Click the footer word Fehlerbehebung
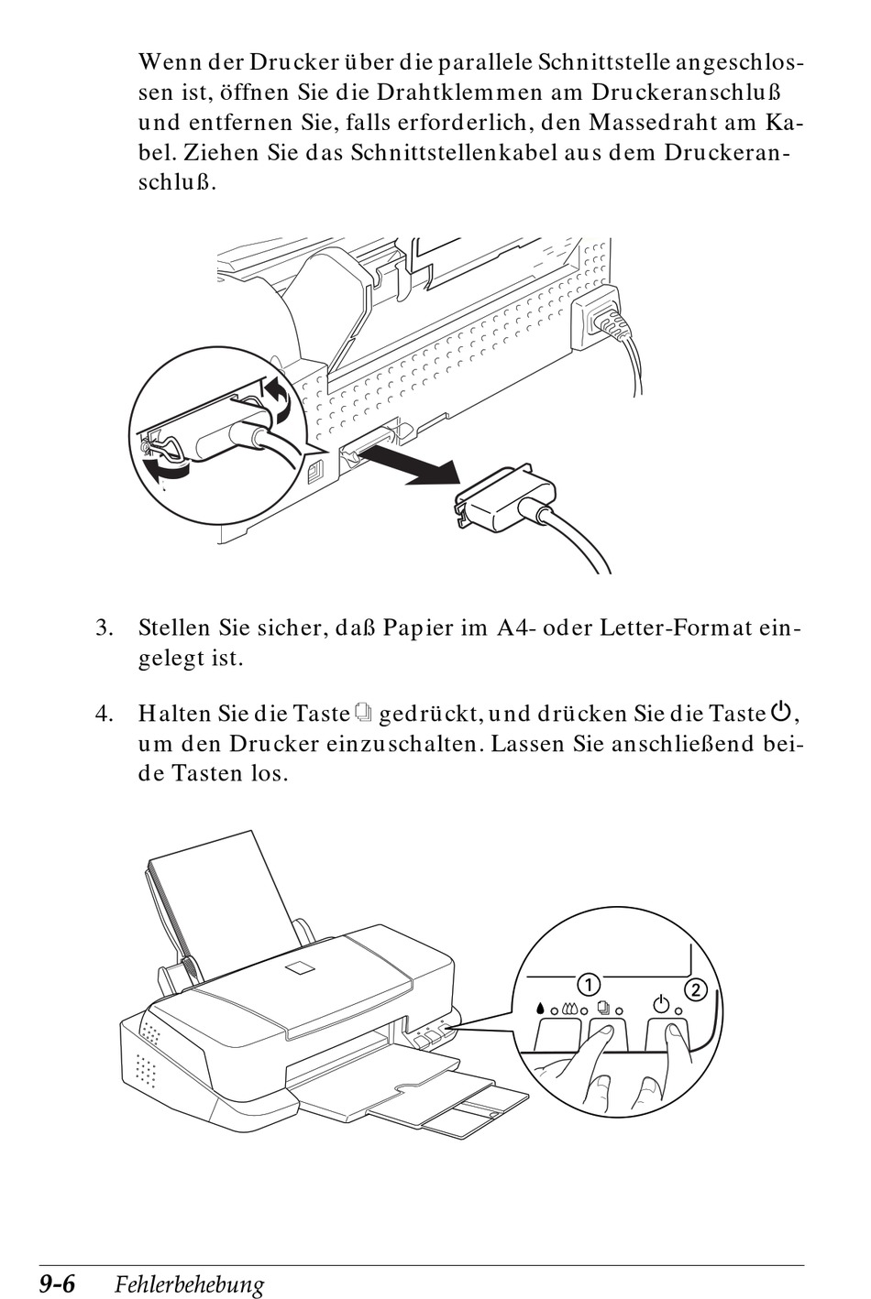pyautogui.click(x=189, y=1285)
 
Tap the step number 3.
pyautogui.click(x=105, y=628)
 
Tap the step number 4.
pyautogui.click(x=105, y=713)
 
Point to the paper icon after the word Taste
pyautogui.click(x=364, y=712)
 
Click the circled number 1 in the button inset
pyautogui.click(x=587, y=984)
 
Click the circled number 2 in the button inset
pyautogui.click(x=696, y=989)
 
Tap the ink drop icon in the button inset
pyautogui.click(x=541, y=1009)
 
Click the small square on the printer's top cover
pyautogui.click(x=300, y=970)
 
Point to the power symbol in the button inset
pyautogui.click(x=659, y=1002)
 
